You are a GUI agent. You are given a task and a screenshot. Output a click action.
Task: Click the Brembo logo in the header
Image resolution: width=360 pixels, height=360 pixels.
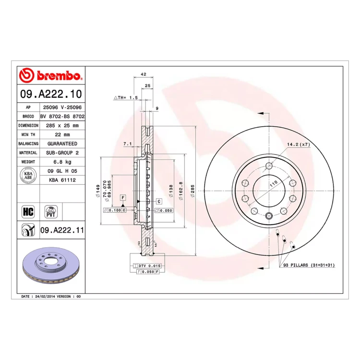pyautogui.click(x=51, y=75)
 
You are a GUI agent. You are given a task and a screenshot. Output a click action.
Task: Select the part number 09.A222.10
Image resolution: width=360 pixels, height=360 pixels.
pyautogui.click(x=51, y=94)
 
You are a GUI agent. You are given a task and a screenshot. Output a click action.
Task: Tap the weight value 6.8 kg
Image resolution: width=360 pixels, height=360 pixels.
pyautogui.click(x=62, y=162)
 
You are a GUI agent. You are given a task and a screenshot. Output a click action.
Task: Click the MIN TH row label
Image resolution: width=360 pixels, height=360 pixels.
pyautogui.click(x=28, y=134)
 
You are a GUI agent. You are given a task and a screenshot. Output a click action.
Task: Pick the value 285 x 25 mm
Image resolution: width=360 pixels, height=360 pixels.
pyautogui.click(x=62, y=126)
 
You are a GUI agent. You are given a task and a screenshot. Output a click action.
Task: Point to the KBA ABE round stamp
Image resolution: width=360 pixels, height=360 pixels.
pyautogui.click(x=28, y=175)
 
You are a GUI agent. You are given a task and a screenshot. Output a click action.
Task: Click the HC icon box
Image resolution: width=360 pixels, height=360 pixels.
pyautogui.click(x=28, y=212)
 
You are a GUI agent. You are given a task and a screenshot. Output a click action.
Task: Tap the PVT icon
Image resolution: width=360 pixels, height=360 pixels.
pyautogui.click(x=51, y=212)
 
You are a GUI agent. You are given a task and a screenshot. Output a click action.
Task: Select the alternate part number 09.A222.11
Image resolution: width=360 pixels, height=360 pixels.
pyautogui.click(x=62, y=230)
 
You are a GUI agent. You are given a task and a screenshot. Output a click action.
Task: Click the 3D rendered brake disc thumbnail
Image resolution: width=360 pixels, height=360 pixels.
pyautogui.click(x=51, y=265)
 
